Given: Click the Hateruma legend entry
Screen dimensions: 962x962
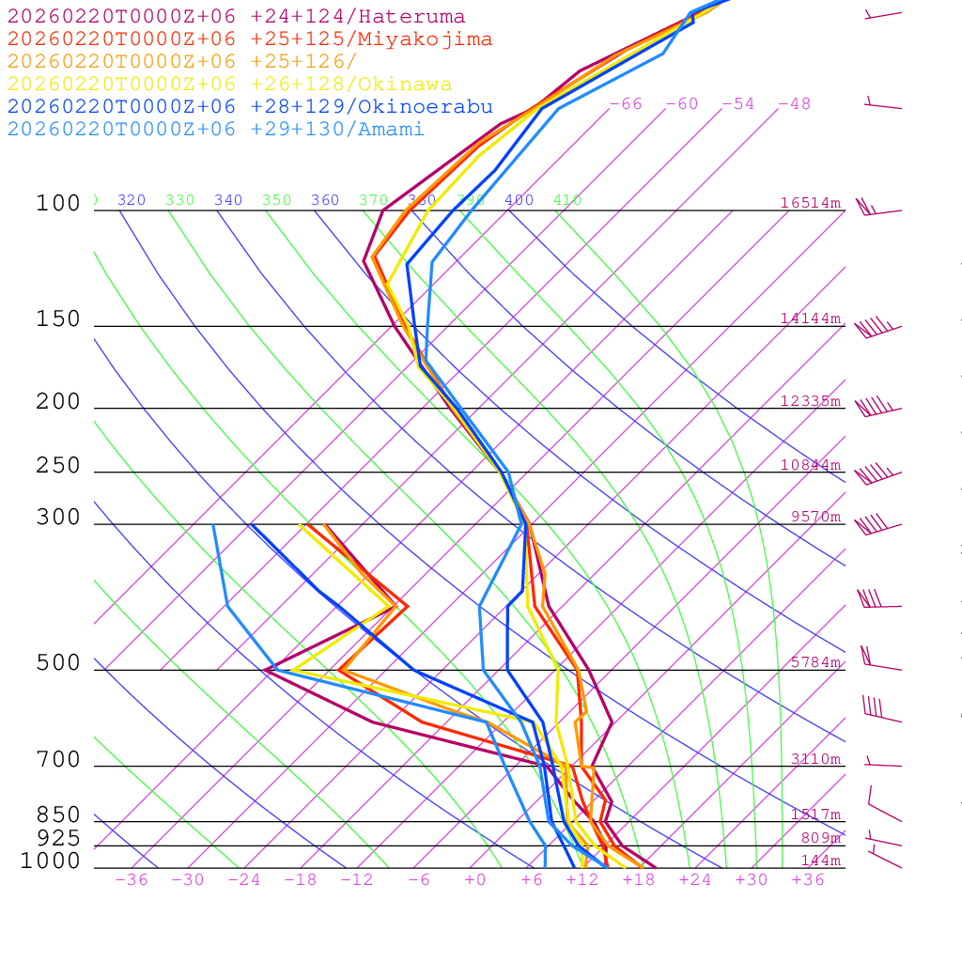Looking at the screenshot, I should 236,17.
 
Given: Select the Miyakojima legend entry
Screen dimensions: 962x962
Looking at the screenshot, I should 249,39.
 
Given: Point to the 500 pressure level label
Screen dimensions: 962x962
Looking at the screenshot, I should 58,663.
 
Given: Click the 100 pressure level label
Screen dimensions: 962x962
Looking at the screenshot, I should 58,204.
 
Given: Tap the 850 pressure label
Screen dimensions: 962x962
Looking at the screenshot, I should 58,815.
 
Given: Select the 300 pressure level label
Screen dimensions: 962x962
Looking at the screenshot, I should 58,518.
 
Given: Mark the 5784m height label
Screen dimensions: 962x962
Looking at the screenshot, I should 815,662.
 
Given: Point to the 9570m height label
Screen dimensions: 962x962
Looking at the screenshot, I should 815,517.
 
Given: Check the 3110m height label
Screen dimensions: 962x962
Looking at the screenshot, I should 815,759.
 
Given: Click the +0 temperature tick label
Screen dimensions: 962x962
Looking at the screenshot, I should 475,880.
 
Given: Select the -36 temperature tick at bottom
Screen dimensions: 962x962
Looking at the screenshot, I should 132,880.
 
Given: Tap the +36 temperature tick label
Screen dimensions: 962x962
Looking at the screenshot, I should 808,880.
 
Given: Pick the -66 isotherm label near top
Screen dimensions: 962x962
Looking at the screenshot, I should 626,104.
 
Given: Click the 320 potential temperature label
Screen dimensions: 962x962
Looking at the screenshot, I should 132,200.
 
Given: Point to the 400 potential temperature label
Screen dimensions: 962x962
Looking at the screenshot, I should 519,200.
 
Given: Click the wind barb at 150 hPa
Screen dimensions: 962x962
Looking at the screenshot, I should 877,329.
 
